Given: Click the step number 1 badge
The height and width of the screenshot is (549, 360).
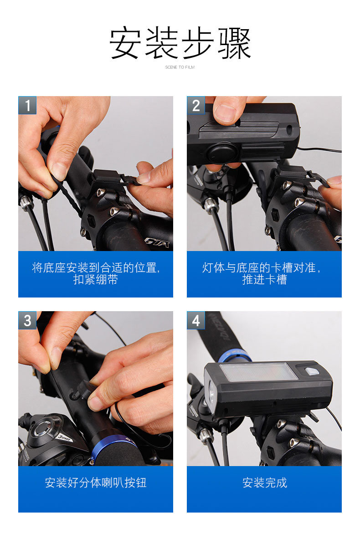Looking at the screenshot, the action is pos(27,105).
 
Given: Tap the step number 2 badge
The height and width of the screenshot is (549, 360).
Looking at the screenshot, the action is pos(196,105).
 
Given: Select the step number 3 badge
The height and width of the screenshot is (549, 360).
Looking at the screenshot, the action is pos(27,320).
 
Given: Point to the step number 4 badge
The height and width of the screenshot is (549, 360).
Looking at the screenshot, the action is pos(196,320).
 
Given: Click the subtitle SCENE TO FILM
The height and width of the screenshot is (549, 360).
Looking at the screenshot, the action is pos(180,67).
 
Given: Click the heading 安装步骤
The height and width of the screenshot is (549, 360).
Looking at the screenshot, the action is pos(180,43).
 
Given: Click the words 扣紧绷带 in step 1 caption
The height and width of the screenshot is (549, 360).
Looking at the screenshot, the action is pos(96,279).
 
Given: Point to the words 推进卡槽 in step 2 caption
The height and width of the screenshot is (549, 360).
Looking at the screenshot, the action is pos(264,279).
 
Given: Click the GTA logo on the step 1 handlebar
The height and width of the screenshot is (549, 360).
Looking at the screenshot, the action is pos(158,242).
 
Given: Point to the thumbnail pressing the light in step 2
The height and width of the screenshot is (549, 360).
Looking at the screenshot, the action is pos(225,113).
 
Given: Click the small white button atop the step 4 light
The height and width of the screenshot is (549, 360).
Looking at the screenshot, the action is pos(312,371).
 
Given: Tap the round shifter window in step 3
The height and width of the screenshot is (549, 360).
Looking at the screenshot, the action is pos(44,428).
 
